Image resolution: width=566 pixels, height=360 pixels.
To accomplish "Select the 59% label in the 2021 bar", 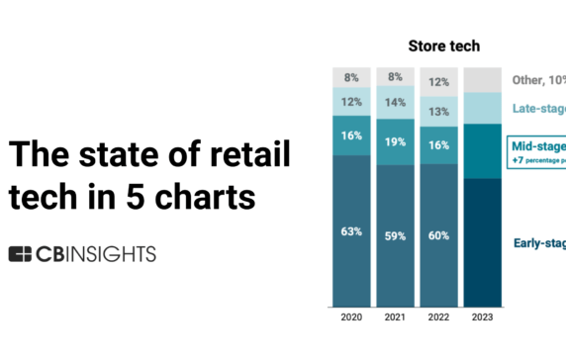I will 396,235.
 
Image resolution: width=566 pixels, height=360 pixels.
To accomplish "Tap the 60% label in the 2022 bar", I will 439,235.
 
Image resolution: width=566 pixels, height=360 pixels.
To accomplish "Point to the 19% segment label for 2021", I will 396,141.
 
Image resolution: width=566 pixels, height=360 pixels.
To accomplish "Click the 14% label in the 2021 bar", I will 396,102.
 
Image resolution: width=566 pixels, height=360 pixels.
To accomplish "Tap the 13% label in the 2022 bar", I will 439,112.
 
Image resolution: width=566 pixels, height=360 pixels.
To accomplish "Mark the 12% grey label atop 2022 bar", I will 439,82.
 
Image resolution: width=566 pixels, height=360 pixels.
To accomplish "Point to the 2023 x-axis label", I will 483,318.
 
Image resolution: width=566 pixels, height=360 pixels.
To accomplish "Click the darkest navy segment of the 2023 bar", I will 483,242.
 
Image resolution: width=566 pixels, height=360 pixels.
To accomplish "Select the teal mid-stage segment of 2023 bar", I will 483,150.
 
